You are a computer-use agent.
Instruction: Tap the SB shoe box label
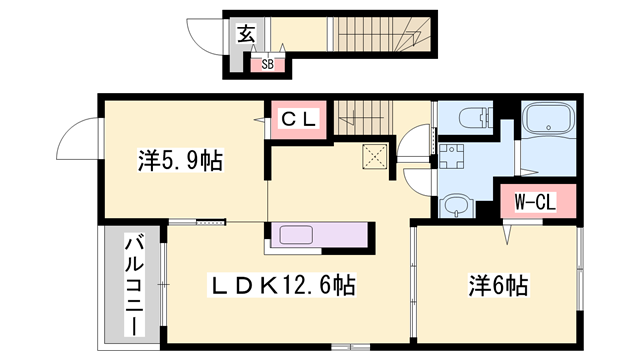(267, 65)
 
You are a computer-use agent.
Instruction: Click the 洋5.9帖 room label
(179, 158)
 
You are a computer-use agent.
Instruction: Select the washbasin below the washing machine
(455, 206)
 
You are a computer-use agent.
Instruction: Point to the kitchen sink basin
(299, 237)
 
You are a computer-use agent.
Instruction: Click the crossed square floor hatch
(376, 157)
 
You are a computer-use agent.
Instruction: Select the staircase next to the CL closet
(366, 117)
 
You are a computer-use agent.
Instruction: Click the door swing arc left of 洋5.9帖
(79, 140)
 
